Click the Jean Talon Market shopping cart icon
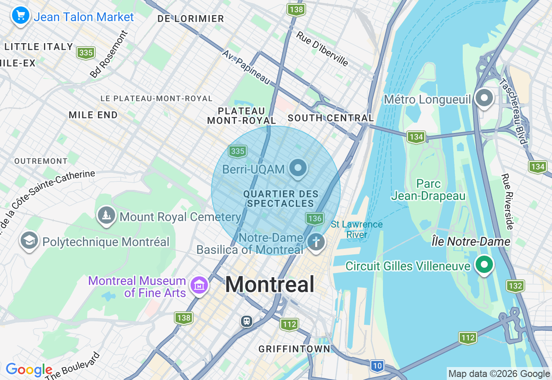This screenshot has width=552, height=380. [x=20, y=16]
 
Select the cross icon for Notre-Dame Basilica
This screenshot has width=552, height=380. [x=316, y=242]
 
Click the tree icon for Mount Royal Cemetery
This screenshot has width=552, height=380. [x=106, y=215]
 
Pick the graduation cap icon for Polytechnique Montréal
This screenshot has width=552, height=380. [x=29, y=241]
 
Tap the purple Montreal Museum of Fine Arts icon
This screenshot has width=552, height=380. [x=199, y=285]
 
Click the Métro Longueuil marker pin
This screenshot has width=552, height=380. [x=484, y=98]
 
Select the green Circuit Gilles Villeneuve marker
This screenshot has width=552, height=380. [x=484, y=264]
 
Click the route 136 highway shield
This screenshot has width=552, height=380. [x=315, y=218]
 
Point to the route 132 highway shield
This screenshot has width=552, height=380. [x=515, y=286]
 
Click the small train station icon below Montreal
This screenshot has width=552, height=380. [x=247, y=321]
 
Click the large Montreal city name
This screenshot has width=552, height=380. [x=270, y=285]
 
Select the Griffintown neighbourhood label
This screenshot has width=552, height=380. [x=294, y=349]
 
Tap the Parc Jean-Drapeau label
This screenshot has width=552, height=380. [x=428, y=190]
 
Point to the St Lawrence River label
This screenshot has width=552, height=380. [x=357, y=230]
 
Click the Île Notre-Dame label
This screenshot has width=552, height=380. [x=471, y=242]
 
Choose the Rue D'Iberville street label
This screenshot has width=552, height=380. [x=322, y=48]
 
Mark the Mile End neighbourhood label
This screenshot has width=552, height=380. [x=93, y=115]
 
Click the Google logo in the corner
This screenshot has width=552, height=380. [x=28, y=370]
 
